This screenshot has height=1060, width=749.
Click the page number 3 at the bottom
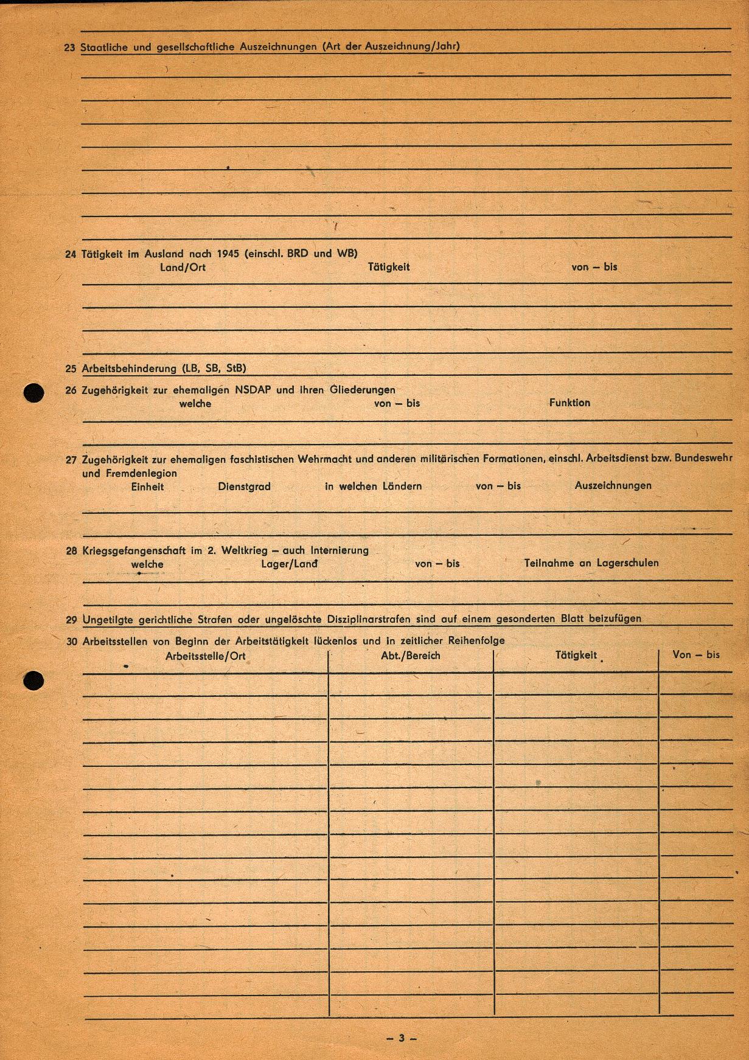(401, 1037)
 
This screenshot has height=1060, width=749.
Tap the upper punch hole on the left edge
(34, 393)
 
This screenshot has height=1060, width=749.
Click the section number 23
(70, 47)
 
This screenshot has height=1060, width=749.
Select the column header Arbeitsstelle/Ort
(206, 656)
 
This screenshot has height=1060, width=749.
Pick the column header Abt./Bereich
(411, 656)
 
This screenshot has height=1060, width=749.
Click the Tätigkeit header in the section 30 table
(576, 656)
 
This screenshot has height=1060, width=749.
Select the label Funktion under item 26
(570, 403)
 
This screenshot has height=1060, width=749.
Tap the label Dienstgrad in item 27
(244, 487)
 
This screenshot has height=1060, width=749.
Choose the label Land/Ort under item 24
(183, 267)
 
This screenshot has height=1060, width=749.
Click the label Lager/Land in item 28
(289, 564)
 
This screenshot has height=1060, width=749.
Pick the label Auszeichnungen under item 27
(613, 485)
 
